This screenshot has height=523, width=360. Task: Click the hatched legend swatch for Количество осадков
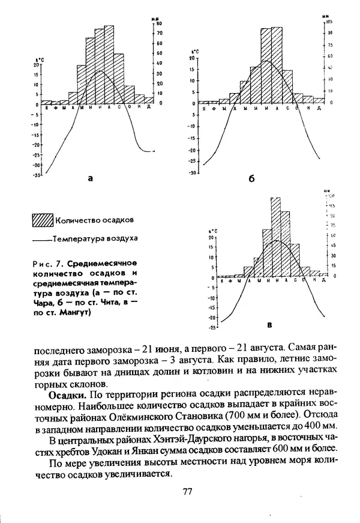42,220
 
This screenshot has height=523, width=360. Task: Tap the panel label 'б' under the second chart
251,179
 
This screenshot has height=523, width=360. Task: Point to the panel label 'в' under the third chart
269,325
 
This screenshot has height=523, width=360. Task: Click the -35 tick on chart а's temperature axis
37,175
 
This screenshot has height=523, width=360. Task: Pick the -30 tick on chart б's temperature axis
193,173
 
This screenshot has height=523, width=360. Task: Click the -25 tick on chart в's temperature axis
212,328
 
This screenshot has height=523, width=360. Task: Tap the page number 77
187,492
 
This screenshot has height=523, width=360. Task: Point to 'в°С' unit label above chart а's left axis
38,59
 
